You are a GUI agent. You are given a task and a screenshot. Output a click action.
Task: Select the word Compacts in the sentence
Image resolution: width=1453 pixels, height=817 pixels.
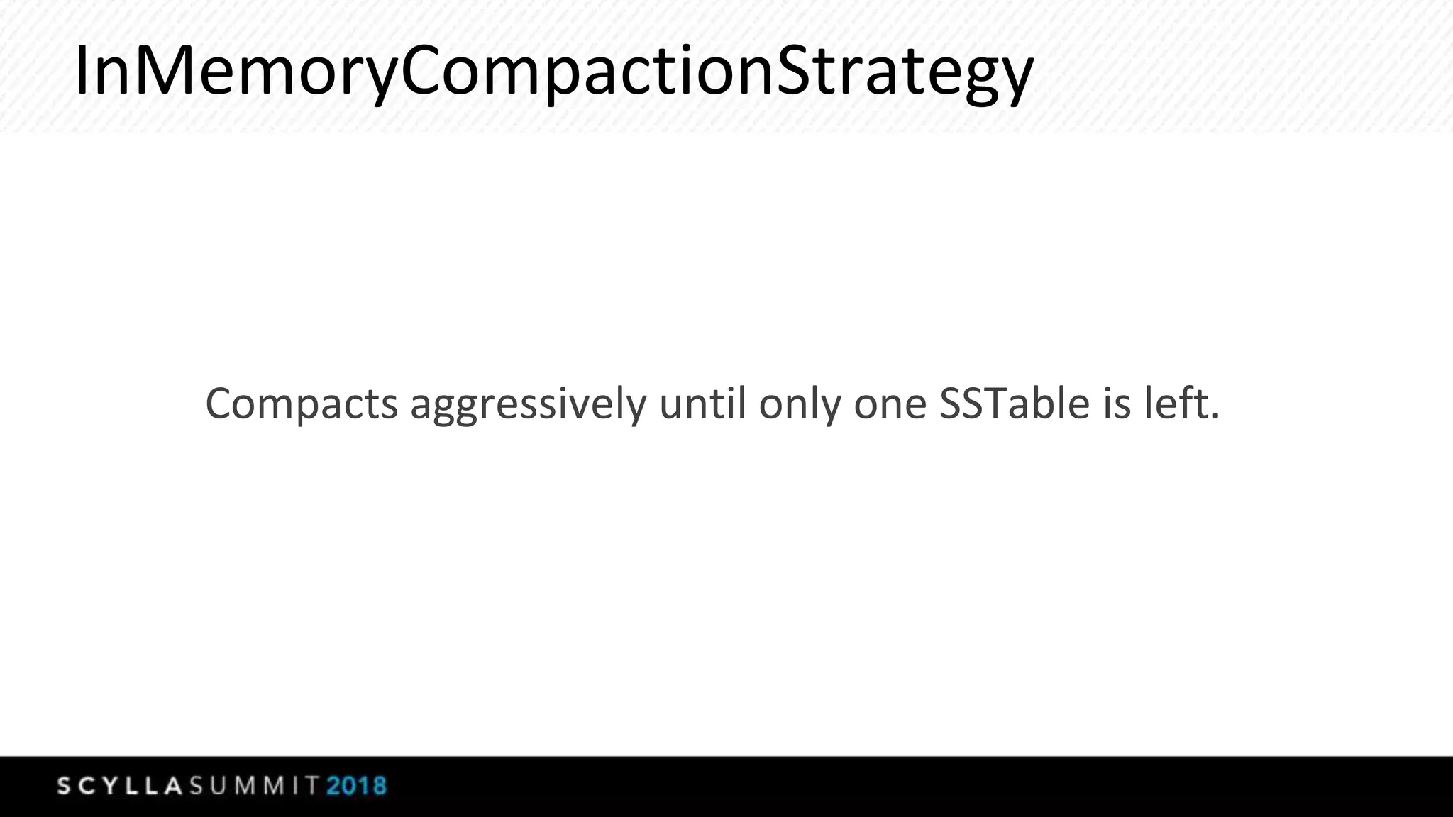(302, 404)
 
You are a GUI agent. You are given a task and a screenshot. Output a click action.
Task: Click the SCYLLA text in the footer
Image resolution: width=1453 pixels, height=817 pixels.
(121, 787)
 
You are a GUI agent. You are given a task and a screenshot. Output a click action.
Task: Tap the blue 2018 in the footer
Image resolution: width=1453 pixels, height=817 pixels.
(357, 787)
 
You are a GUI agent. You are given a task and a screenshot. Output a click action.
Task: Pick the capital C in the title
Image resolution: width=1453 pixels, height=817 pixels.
(430, 71)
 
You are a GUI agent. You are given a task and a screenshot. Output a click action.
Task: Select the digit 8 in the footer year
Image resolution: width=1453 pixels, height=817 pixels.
(377, 787)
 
